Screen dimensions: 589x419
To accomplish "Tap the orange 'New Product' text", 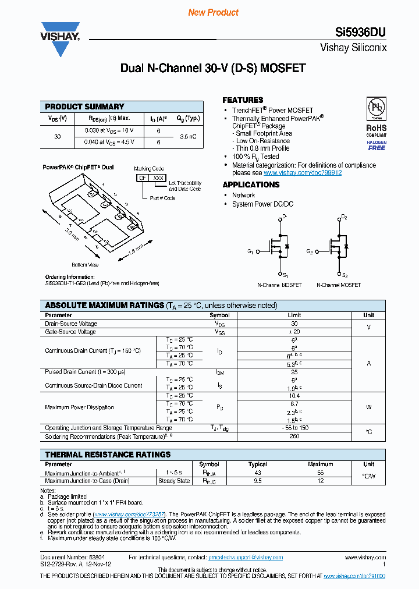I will [213, 12].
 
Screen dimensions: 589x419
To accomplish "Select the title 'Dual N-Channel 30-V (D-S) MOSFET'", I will [212, 68].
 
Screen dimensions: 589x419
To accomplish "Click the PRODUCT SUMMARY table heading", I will [85, 107].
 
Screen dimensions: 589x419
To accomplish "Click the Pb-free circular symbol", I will [377, 108].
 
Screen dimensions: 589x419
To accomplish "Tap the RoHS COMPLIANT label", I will [376, 130].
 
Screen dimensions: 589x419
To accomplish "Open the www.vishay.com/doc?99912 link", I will [302, 173].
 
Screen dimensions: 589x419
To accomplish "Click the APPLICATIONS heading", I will [251, 184].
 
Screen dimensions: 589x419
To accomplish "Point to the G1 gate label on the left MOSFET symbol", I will [250, 251].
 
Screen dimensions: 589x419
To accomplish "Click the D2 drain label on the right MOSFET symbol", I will [344, 217].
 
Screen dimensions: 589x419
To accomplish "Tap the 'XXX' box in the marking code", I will [158, 178].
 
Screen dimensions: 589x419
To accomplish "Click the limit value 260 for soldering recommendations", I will [294, 436].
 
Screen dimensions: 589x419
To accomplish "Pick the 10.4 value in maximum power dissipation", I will [294, 395].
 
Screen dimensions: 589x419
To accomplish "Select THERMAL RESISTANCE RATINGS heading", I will [108, 455].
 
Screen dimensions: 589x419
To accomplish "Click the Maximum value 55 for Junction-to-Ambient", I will [320, 473].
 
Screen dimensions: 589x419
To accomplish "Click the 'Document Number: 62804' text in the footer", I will [63, 557].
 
